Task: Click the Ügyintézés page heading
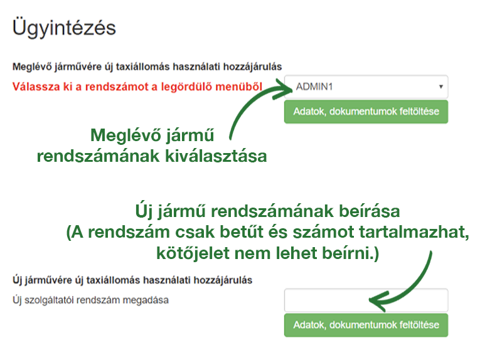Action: point(64,28)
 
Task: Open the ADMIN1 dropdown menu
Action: point(366,87)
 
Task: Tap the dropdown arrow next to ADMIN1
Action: point(441,87)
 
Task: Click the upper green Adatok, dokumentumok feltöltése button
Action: point(366,112)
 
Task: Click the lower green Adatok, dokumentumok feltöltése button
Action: point(366,325)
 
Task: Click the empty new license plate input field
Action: point(366,300)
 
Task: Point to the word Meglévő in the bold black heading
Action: point(32,66)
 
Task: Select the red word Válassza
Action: point(36,87)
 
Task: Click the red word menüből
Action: point(239,87)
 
